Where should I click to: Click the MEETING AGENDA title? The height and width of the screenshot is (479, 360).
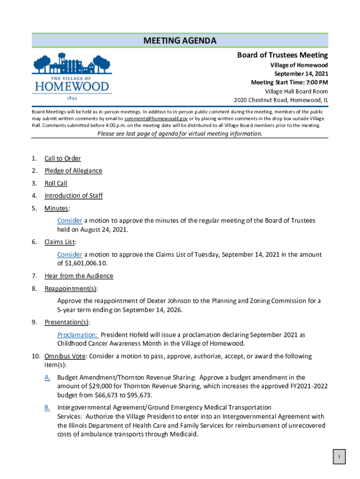180,41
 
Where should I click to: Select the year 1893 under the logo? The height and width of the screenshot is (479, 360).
72,99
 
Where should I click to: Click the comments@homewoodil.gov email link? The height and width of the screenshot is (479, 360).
156,119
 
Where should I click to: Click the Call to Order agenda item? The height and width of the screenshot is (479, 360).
63,159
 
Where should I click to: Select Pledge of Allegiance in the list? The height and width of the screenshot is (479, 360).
73,171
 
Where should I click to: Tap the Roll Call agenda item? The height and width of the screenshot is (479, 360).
56,183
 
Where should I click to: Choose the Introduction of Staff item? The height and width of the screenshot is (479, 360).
73,196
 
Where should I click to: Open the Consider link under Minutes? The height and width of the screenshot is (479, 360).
70,220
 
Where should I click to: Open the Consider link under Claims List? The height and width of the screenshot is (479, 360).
70,254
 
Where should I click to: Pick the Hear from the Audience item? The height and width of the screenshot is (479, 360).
79,276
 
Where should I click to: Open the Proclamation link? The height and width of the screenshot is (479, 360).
78,335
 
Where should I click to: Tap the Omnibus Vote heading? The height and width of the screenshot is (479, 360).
65,356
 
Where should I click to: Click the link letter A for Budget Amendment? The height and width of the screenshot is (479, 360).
47,377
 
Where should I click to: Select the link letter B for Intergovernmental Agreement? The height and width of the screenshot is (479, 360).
47,408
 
